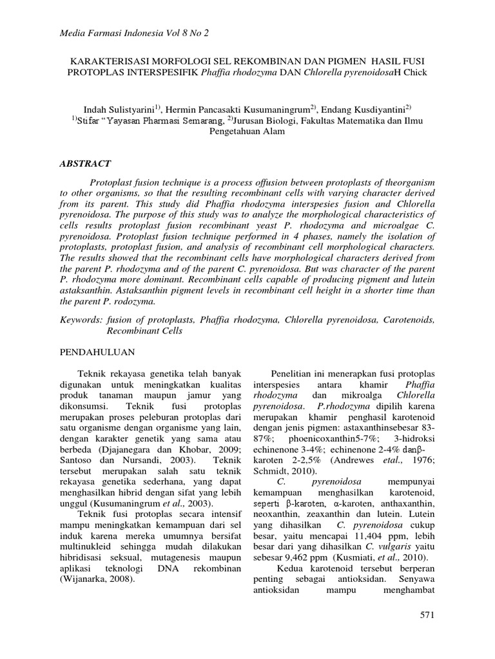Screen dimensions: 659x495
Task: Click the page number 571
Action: pyautogui.click(x=428, y=617)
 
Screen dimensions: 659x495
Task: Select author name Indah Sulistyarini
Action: pyautogui.click(x=122, y=109)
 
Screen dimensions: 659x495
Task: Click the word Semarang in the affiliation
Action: pyautogui.click(x=205, y=120)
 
